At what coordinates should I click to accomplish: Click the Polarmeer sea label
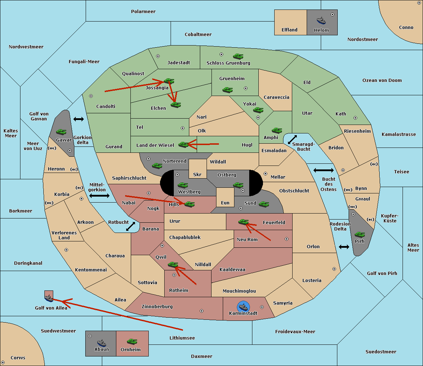coord(143,12)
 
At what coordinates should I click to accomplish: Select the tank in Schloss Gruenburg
coord(238,56)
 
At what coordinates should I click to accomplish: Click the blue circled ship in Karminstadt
coord(243,306)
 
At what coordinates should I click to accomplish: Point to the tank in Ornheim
coord(132,341)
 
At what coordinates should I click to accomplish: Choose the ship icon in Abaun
coord(102,343)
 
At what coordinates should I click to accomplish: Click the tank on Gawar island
coord(61,132)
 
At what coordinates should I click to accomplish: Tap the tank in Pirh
coord(360,234)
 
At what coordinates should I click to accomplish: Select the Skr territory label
coord(197,174)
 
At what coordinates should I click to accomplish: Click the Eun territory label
coord(225,203)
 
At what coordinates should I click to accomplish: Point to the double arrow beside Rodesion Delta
coord(344,247)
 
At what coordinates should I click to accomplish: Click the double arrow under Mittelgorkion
coord(99,196)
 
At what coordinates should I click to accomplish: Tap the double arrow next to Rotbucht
coord(130,226)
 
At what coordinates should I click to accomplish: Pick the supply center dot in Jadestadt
coord(158,56)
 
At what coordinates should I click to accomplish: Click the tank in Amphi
coord(277,131)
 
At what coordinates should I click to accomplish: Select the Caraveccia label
coord(276,97)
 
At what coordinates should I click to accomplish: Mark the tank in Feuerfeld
coord(243,222)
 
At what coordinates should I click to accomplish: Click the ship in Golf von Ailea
coord(49,299)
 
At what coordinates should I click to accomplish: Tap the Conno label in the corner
coord(406,27)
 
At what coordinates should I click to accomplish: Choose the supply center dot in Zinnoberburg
coord(202,311)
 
